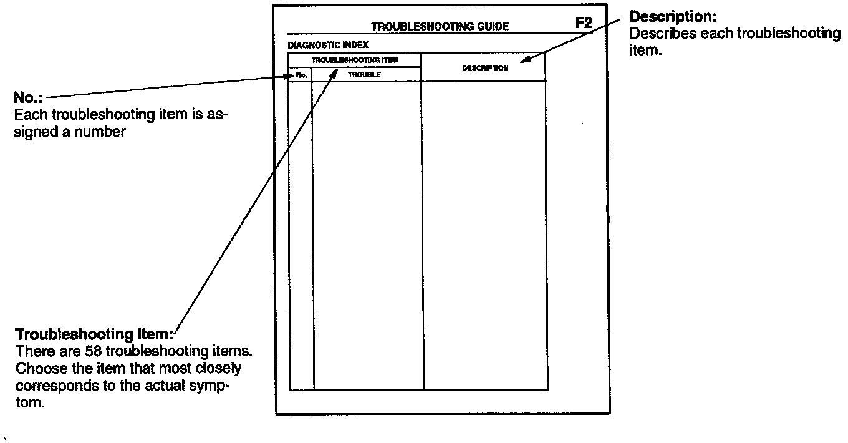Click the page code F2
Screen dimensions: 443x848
pyautogui.click(x=584, y=24)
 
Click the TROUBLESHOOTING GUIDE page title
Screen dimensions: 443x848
pyautogui.click(x=440, y=27)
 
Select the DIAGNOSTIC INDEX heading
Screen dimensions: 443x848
pyautogui.click(x=328, y=45)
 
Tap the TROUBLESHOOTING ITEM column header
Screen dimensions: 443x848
pyautogui.click(x=354, y=61)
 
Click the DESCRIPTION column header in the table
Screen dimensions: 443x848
pyautogui.click(x=484, y=68)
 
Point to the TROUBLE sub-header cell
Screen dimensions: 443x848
pyautogui.click(x=365, y=75)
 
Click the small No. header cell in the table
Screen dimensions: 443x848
pyautogui.click(x=302, y=75)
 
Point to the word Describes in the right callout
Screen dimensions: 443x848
pyautogui.click(x=663, y=34)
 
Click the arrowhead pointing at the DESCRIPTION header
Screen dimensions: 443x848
pyautogui.click(x=525, y=61)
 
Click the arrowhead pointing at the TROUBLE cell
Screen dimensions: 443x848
pyautogui.click(x=335, y=74)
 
